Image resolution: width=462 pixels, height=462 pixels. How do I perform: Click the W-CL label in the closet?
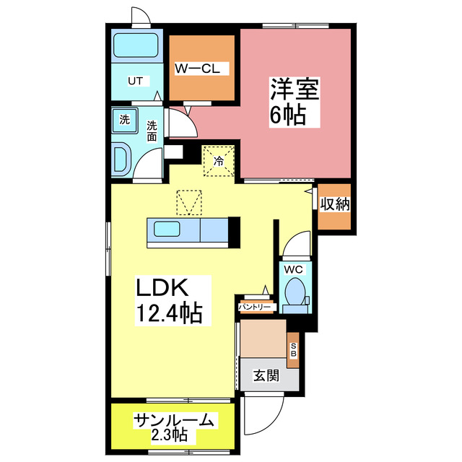pyautogui.click(x=202, y=69)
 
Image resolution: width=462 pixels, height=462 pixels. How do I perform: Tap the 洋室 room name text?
pyautogui.click(x=295, y=90)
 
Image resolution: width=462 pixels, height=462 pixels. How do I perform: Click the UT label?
pyautogui.click(x=135, y=80)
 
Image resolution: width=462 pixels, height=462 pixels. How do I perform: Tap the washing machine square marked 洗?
pyautogui.click(x=125, y=120)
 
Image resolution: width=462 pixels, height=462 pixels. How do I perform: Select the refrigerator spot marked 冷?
pyautogui.click(x=218, y=160)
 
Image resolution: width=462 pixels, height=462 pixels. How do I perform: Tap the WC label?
pyautogui.click(x=294, y=269)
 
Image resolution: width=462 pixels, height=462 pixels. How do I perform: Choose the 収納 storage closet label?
pyautogui.click(x=335, y=205)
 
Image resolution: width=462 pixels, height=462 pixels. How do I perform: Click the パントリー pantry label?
pyautogui.click(x=256, y=308)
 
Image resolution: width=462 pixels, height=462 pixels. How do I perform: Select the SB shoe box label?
pyautogui.click(x=293, y=350)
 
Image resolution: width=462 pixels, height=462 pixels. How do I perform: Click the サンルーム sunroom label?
pyautogui.click(x=173, y=420)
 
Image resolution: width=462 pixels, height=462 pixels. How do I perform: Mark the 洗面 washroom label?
pyautogui.click(x=152, y=130)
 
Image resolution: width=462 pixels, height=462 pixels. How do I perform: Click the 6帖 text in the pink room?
pyautogui.click(x=287, y=114)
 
